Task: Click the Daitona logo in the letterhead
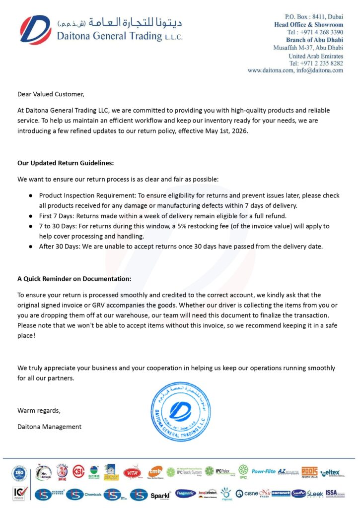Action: [35, 30]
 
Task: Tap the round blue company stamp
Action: [180, 412]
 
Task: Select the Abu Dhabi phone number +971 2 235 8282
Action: [316, 63]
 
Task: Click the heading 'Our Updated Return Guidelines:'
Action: [66, 163]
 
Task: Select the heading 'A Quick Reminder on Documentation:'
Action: [74, 279]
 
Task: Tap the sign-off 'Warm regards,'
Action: [39, 410]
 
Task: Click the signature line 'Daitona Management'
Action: [50, 427]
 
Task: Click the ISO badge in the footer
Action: [19, 473]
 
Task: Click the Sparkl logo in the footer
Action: [161, 494]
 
